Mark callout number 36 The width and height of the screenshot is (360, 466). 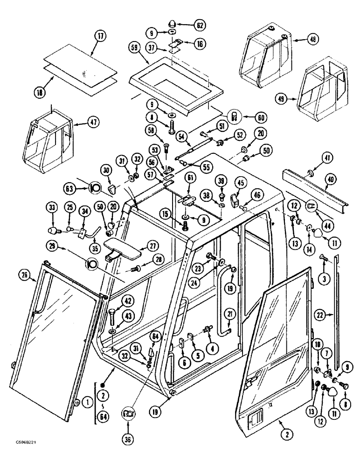coord(128,414)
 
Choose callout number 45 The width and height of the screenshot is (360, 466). coord(241,182)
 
